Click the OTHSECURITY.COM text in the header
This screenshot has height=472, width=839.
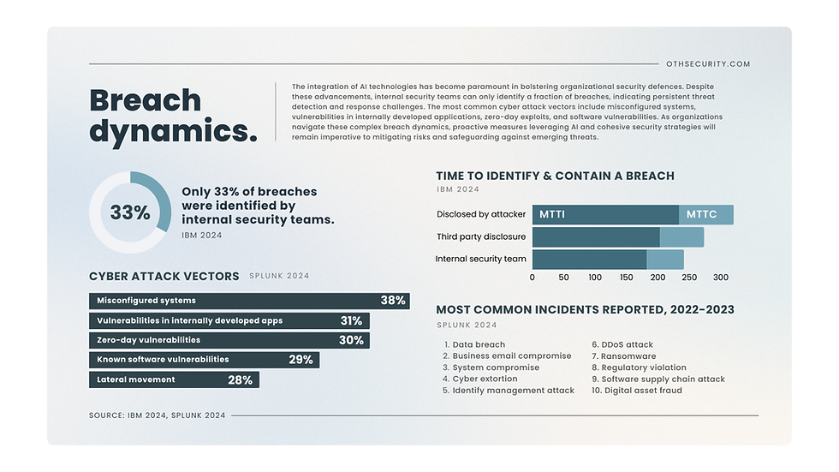click(708, 63)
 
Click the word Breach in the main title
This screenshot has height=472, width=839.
click(145, 101)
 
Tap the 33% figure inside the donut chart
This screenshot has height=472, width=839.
click(130, 212)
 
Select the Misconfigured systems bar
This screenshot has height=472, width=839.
click(248, 301)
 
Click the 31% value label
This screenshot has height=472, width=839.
click(351, 320)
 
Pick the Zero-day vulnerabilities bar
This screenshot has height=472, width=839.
click(229, 340)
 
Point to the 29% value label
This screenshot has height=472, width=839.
click(300, 360)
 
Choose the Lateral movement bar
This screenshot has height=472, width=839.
click(174, 379)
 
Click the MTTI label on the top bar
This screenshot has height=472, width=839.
click(552, 214)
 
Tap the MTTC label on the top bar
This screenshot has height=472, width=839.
click(702, 214)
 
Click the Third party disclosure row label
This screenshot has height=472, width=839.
click(481, 236)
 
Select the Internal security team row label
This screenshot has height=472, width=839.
click(480, 259)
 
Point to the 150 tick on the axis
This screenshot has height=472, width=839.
click(627, 278)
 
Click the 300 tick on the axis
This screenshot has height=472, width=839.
click(721, 278)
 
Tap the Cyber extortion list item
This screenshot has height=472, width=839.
click(485, 379)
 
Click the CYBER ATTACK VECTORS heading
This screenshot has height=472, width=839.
click(164, 276)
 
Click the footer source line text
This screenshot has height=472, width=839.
click(157, 415)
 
